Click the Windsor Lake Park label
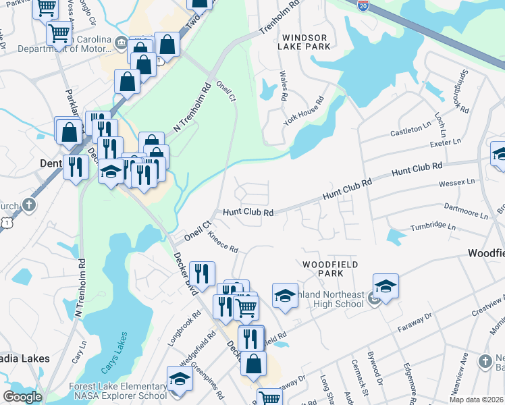(x=306, y=42)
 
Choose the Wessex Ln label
(x=456, y=182)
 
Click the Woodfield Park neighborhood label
(x=329, y=269)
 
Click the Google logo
(x=22, y=396)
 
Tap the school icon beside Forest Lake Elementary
(x=180, y=379)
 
